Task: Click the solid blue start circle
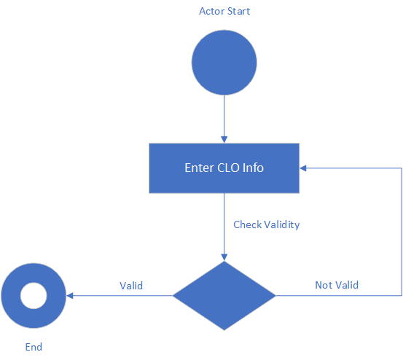(224, 63)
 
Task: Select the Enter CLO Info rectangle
(224, 168)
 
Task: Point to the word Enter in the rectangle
(200, 168)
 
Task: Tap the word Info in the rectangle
(253, 168)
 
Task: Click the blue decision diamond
(224, 296)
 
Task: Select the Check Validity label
(267, 225)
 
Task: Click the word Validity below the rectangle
(282, 225)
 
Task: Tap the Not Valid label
(337, 285)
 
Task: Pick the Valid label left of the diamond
(131, 286)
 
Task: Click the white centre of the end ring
(34, 296)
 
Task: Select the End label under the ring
(34, 347)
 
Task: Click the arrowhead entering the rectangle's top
(224, 140)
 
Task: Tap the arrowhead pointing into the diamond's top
(224, 257)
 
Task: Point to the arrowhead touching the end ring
(70, 296)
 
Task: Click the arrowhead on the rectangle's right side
(302, 168)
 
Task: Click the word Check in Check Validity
(248, 225)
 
